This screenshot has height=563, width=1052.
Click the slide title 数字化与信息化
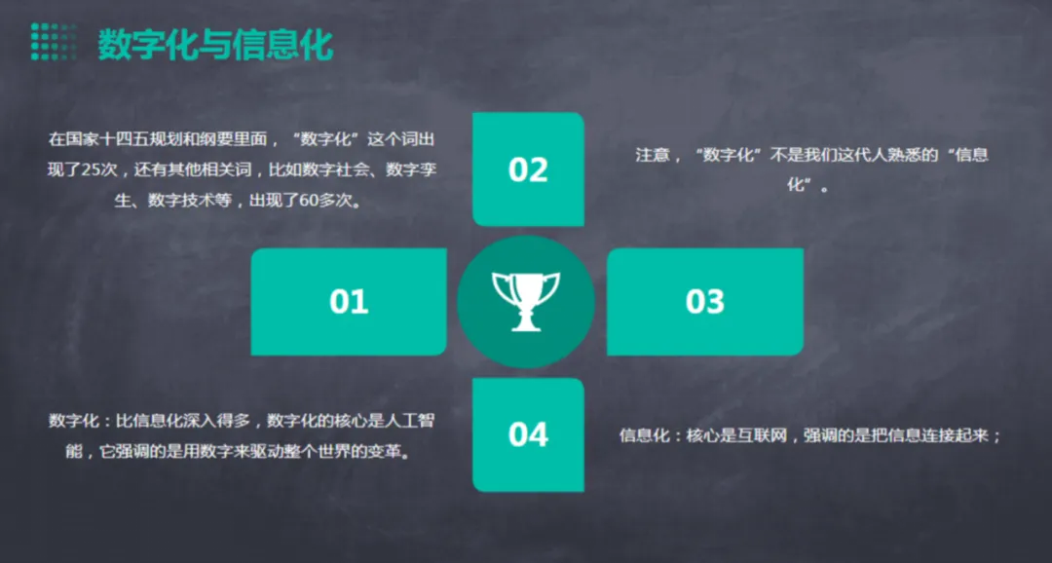coord(215,45)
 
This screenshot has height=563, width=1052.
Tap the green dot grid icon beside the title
coord(54,42)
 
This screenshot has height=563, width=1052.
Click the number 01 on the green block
coord(349,301)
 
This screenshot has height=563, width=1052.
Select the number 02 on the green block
coord(528,169)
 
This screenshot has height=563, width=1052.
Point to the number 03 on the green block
coord(705,301)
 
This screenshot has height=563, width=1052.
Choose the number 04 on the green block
coord(528,434)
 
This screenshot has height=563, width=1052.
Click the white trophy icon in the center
coord(526,301)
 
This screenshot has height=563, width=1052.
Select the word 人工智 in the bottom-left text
coord(413,422)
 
